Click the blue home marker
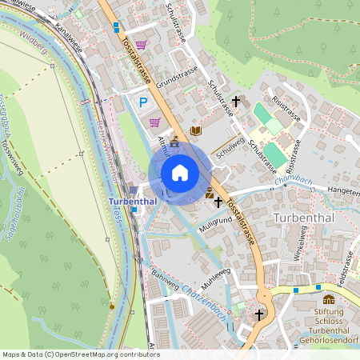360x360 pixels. tap(180, 173)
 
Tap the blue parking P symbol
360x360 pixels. tap(144, 102)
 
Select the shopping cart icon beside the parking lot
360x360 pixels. tap(155, 122)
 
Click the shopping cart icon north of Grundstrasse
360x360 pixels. tap(142, 45)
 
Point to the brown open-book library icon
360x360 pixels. tap(196, 130)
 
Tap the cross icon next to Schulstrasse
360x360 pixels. tap(235, 102)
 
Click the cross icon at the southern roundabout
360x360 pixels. tap(258, 315)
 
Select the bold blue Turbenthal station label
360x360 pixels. tap(133, 201)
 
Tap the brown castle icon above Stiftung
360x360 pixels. tap(329, 298)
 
